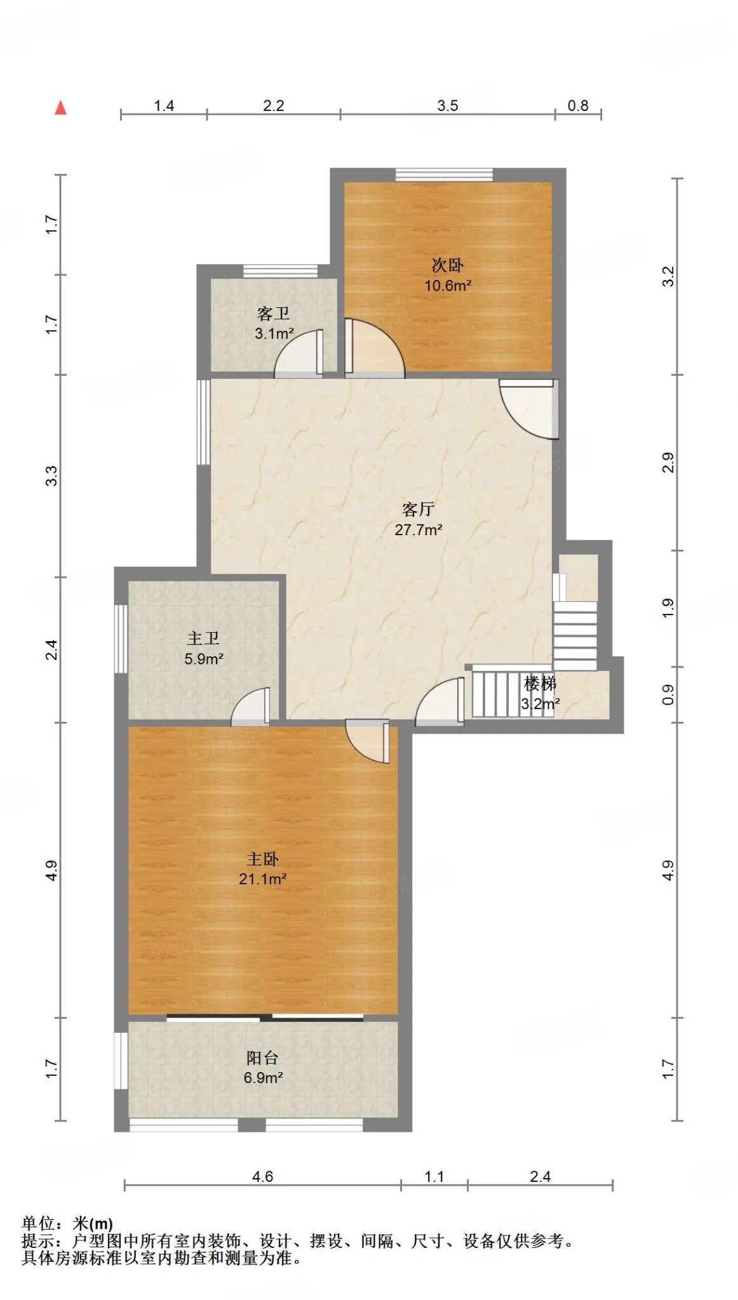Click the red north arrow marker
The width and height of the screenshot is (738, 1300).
tap(61, 107)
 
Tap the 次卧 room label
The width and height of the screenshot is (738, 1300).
tap(447, 265)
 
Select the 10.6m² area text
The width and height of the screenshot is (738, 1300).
tap(448, 286)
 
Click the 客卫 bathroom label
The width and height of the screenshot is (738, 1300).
tap(274, 314)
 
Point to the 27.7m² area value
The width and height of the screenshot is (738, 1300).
tap(419, 529)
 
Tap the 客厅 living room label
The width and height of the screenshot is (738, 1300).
tap(419, 509)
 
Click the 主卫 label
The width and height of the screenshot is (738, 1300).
tap(203, 639)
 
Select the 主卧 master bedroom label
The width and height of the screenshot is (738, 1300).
tap(262, 859)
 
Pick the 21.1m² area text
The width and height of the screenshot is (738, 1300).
tap(262, 879)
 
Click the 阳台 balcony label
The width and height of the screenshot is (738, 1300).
tap(262, 1058)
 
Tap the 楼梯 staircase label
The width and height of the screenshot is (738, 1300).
tap(540, 684)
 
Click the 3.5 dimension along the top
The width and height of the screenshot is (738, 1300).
tap(448, 105)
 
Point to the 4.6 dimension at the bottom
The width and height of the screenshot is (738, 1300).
tap(262, 1176)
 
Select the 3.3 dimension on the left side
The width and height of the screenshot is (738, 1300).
tap(52, 475)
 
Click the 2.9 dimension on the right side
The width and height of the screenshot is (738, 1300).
tap(668, 462)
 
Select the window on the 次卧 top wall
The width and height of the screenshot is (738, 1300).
tap(444, 175)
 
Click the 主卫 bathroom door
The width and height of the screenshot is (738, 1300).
tap(251, 706)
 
